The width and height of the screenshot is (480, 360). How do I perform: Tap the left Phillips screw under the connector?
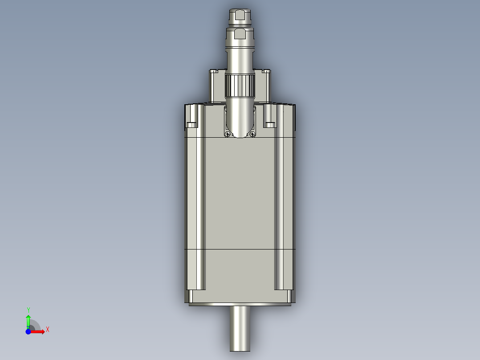coord(228,134)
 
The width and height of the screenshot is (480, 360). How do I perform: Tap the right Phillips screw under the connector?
coord(252,134)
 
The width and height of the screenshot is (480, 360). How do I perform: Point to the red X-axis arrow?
coord(38,331)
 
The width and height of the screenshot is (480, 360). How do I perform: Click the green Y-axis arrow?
coord(28,320)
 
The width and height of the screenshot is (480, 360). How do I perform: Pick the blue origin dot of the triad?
coord(28,331)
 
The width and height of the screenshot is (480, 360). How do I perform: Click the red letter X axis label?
coord(47,330)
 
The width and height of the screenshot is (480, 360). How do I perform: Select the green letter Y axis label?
coord(28,310)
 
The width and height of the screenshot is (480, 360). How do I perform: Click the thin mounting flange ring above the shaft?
coord(240,304)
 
